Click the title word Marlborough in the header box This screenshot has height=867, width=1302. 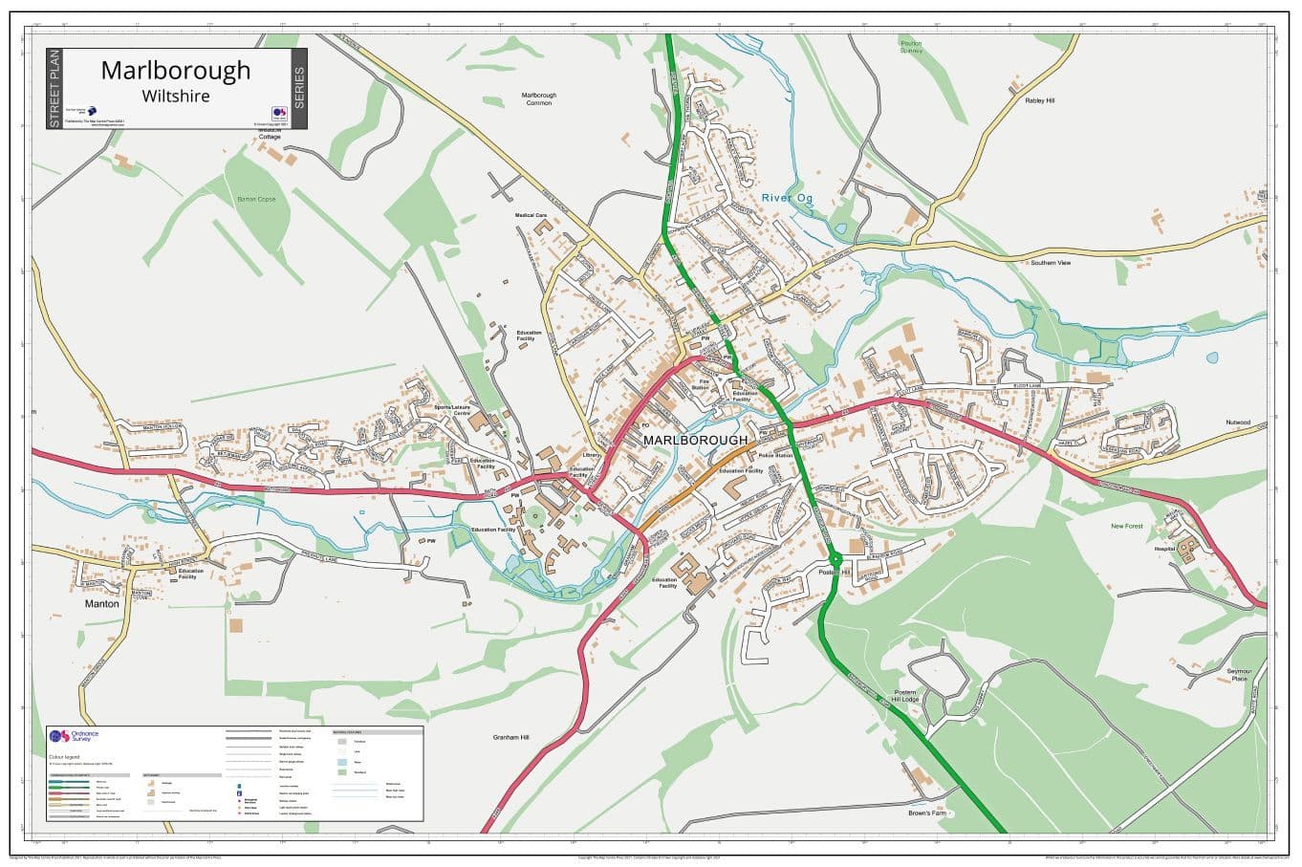coord(176,71)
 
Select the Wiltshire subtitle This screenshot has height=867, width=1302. coord(176,96)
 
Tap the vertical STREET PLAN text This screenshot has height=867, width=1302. coord(54,89)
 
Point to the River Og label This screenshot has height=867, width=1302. coord(786,198)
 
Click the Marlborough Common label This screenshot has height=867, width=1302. coord(538,98)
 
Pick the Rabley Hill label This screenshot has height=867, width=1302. coord(1039,100)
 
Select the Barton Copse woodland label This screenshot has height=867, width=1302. coord(256,199)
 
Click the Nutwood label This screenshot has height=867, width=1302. coord(1238,422)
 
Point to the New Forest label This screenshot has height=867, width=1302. coord(1126,526)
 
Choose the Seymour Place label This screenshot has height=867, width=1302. coord(1239,675)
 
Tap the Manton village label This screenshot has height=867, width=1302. coord(102,604)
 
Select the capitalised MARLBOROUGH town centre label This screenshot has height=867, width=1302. coord(696,440)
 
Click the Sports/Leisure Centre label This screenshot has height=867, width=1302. coord(453,410)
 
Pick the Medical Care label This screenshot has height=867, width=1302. coord(532,216)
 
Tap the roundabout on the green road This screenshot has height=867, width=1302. coord(834,558)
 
